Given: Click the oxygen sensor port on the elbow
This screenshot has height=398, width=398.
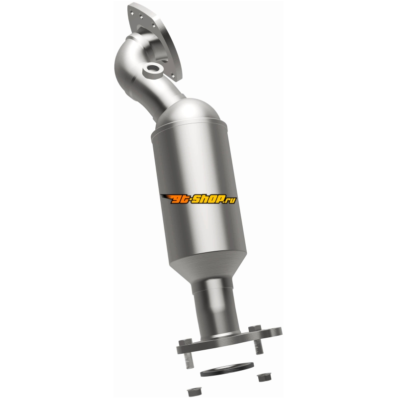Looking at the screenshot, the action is pos(153,70).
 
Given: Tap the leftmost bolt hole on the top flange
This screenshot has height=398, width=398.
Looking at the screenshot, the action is pos(131,11).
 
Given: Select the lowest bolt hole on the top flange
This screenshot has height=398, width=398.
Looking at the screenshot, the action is pos(173,75).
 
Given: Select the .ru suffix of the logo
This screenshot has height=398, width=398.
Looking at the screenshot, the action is pos(230,200).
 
